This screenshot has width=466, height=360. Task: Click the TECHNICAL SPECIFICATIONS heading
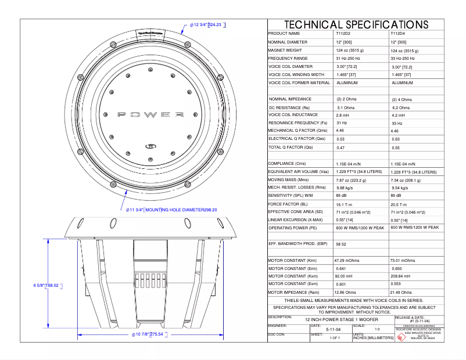pyautogui.click(x=356, y=24)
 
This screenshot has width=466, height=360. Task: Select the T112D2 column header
pyautogui.click(x=343, y=34)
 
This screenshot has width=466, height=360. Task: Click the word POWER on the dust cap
pyautogui.click(x=151, y=114)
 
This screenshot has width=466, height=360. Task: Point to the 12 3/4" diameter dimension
pyautogui.click(x=206, y=25)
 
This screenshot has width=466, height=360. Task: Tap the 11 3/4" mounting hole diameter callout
pyautogui.click(x=171, y=210)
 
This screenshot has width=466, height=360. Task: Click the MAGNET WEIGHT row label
pyautogui.click(x=285, y=51)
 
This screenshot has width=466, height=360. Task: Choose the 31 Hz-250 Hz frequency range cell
pyautogui.click(x=348, y=59)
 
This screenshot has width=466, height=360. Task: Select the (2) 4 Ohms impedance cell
pyautogui.click(x=402, y=99)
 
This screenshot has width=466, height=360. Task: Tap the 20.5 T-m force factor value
pyautogui.click(x=401, y=204)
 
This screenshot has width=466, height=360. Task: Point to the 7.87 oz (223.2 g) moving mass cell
pyautogui.click(x=351, y=180)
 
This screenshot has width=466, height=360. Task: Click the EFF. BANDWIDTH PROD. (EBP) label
pyautogui.click(x=295, y=244)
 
